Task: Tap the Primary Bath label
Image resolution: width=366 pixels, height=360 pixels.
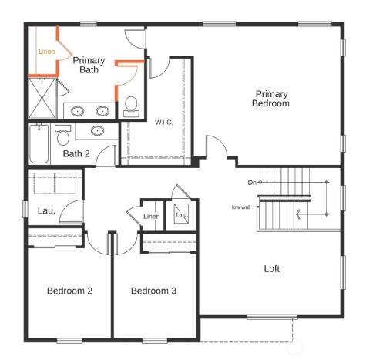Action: point(89,65)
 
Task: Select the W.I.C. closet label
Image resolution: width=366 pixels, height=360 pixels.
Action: point(163,122)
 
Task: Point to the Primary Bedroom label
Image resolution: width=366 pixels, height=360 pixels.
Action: point(272,98)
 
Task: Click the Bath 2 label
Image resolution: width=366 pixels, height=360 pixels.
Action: point(76,153)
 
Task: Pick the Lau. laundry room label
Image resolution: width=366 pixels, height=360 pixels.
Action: point(45,210)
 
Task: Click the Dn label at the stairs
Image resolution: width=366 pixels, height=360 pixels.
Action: point(252,183)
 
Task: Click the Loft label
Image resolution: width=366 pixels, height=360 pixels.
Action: point(272,269)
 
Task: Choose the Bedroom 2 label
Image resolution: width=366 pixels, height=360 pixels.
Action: point(69,291)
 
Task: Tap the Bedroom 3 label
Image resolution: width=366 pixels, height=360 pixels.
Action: point(153,291)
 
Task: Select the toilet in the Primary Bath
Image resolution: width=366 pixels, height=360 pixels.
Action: point(131,103)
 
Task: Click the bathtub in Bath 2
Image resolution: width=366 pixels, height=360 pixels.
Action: point(40,144)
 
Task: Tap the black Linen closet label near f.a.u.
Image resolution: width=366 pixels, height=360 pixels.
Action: point(152,217)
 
